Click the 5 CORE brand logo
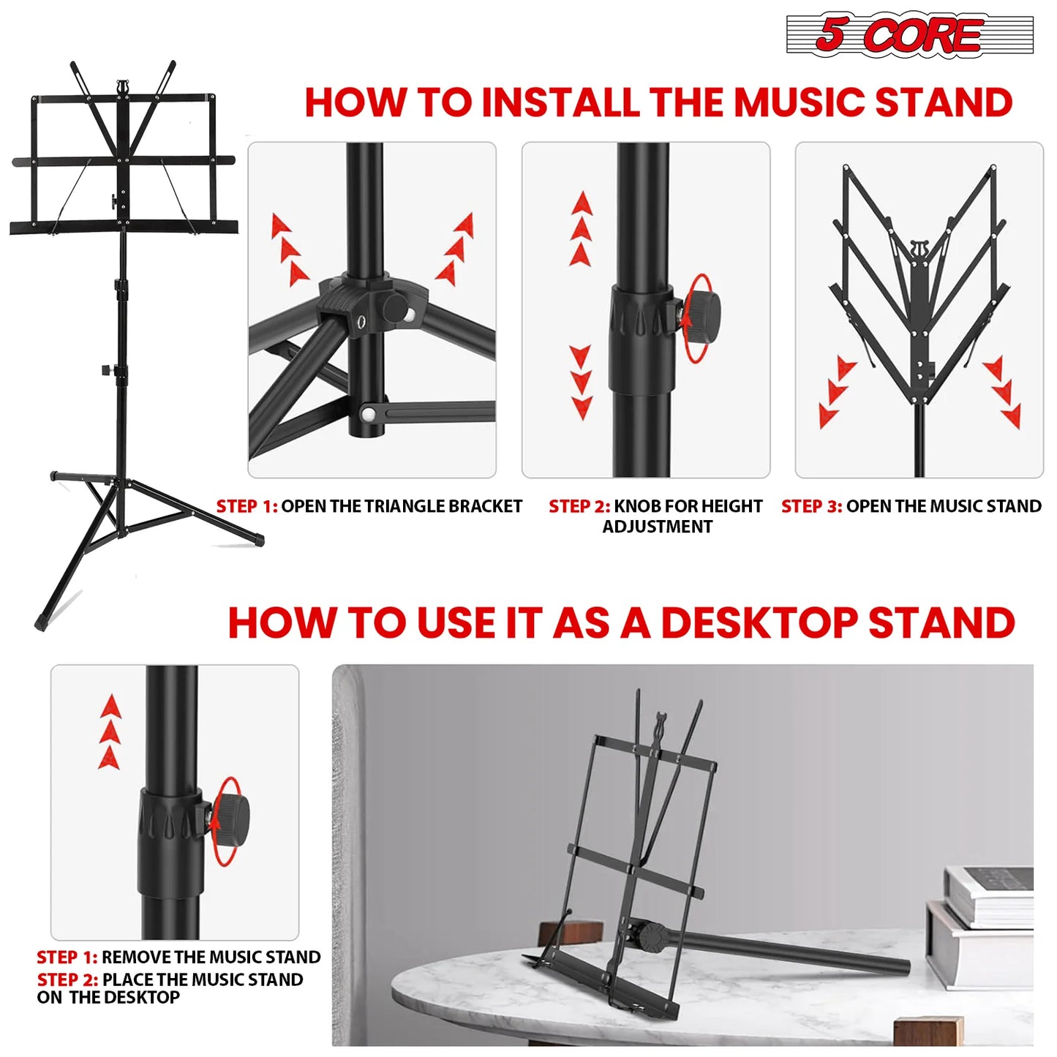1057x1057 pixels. [x=909, y=34]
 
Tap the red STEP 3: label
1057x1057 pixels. [x=811, y=506]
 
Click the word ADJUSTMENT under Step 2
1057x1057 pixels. [x=657, y=527]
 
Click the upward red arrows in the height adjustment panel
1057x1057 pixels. [x=582, y=229]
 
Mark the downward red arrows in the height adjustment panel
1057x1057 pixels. [x=582, y=383]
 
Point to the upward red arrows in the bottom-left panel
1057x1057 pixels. [x=110, y=731]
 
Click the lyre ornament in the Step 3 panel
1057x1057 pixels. [x=919, y=249]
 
